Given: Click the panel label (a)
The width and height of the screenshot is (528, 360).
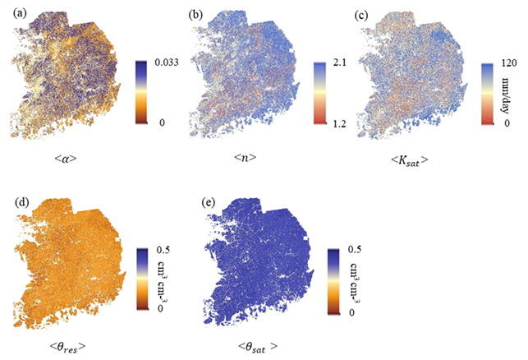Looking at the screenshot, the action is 20,14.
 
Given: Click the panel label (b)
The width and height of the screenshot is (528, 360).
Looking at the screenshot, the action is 195,15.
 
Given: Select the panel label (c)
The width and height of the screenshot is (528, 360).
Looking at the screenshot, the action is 362,15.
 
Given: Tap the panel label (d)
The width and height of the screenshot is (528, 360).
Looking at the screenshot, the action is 22,202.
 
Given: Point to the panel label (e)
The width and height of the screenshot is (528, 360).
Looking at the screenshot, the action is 208,203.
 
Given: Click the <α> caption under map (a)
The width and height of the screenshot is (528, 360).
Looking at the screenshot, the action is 66,159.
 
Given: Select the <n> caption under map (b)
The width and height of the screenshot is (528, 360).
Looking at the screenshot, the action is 245,158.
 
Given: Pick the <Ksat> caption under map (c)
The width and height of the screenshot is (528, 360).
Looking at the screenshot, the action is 410,160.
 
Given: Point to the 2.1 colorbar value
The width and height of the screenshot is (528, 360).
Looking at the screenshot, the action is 338,62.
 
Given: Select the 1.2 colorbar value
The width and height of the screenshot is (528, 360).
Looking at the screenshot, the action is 338,124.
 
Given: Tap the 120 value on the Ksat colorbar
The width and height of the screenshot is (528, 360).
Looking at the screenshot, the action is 509,62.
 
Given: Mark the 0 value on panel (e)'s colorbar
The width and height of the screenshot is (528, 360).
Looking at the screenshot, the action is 351,312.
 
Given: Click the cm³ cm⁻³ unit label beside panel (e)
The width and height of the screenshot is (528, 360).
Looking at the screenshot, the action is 355,282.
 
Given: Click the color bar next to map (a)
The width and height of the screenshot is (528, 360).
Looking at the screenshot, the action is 141,92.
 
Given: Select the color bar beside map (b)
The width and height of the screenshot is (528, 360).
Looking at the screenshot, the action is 319,93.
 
